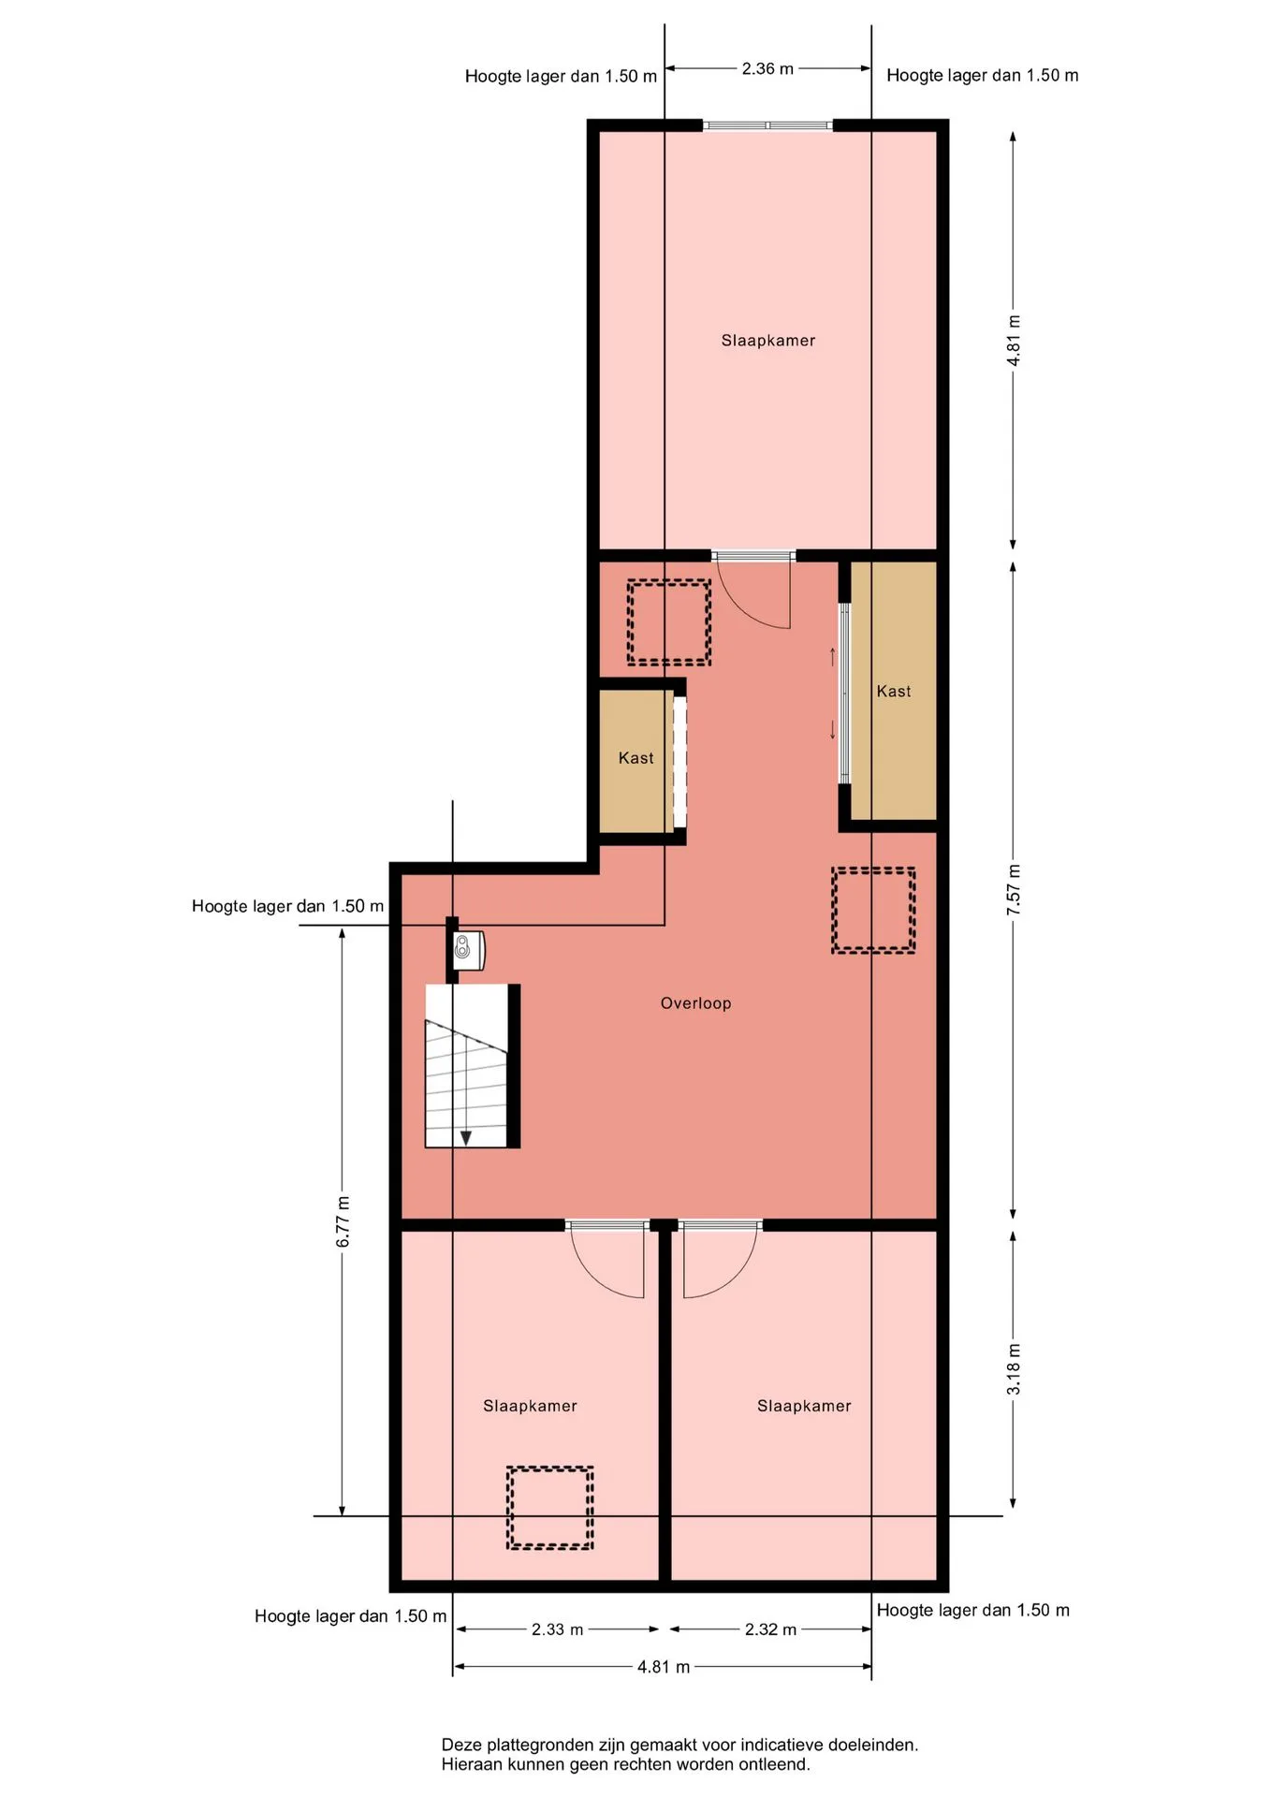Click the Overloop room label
[695, 1003]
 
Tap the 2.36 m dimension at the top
[767, 68]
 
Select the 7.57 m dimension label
[1014, 890]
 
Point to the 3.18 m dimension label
[1014, 1369]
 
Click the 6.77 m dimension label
[343, 1221]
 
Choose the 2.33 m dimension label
[557, 1629]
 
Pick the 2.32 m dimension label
[770, 1629]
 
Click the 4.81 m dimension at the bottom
[664, 1667]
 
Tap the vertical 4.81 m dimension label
[1014, 340]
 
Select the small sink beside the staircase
[468, 950]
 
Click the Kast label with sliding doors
[894, 692]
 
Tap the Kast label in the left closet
[636, 758]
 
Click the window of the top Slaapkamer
[767, 125]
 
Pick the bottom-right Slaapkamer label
[804, 1406]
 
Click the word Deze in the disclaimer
[463, 1745]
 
